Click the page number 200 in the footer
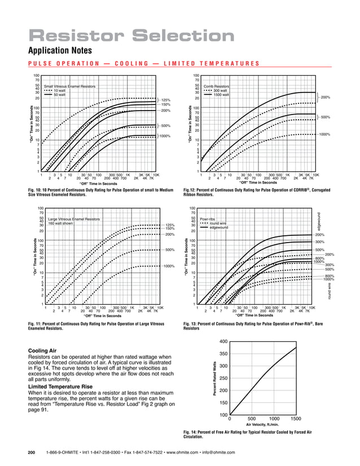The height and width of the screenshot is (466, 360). click(x=32, y=452)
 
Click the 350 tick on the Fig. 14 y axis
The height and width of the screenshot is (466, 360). click(x=222, y=354)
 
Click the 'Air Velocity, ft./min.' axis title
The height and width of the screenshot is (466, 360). click(x=264, y=425)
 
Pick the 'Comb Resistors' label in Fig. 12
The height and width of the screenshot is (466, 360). click(x=217, y=85)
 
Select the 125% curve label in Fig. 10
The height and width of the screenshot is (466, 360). click(x=166, y=100)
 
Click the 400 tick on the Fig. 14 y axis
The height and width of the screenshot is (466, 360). click(x=222, y=341)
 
